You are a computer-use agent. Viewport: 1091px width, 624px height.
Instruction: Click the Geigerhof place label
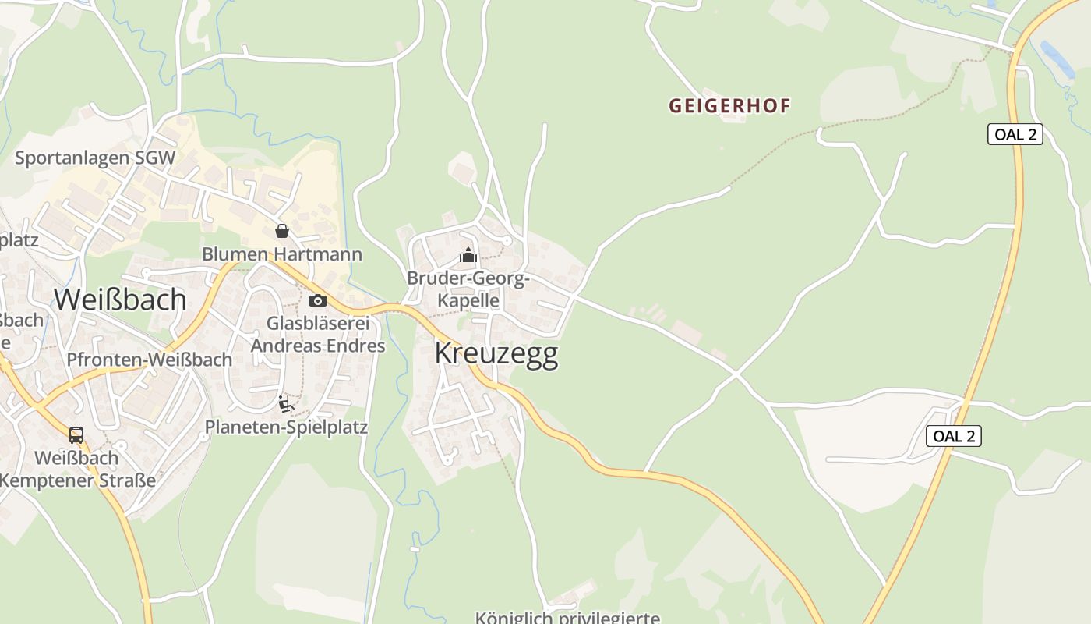tap(729, 106)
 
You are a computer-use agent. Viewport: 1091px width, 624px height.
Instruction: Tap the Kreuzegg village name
tap(496, 353)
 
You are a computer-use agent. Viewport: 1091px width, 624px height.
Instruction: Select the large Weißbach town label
tap(120, 300)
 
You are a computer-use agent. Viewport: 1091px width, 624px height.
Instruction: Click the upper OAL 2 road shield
tap(1015, 134)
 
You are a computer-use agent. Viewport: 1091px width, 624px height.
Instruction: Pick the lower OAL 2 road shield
tap(953, 436)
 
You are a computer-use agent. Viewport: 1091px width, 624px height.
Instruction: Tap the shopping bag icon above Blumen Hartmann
tap(282, 231)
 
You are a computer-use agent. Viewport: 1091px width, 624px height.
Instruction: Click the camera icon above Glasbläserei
tap(317, 300)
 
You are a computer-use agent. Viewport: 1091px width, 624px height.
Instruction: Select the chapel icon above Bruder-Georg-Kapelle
tap(468, 255)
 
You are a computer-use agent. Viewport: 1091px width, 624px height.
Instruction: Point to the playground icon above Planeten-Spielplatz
tap(286, 404)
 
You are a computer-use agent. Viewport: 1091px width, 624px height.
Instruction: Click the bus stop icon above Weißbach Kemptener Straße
tap(76, 435)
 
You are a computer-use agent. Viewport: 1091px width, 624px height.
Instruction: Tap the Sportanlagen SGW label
tap(95, 158)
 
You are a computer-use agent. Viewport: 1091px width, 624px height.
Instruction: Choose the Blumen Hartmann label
tap(282, 254)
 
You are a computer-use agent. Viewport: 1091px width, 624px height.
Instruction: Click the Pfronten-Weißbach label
tap(150, 360)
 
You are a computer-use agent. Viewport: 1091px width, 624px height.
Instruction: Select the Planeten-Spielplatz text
tap(286, 427)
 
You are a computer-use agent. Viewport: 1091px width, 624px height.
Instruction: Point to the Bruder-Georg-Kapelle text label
tap(468, 289)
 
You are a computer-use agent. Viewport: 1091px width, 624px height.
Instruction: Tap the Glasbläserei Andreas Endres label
tap(318, 334)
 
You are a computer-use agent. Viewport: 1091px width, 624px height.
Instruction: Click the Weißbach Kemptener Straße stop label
tap(77, 469)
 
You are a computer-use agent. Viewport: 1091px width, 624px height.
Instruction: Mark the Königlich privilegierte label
tap(567, 618)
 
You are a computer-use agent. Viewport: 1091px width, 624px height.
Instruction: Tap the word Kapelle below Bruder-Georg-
tap(468, 300)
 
